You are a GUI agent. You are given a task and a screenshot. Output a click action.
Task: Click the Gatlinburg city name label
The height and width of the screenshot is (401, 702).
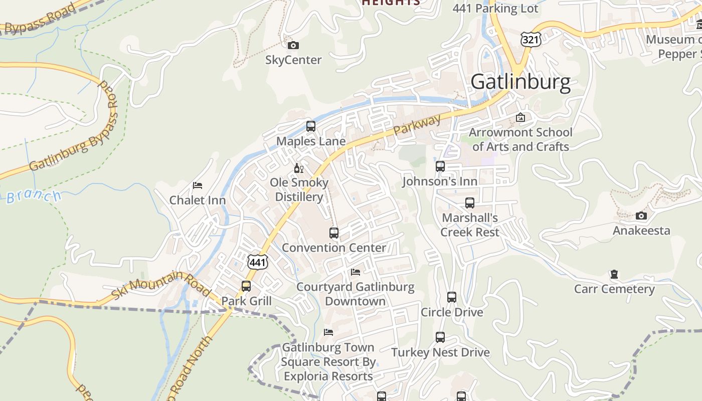[520, 82]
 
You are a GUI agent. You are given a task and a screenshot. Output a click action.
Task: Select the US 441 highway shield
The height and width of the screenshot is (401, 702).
[258, 261]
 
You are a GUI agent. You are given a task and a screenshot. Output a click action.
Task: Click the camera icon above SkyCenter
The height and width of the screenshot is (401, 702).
[293, 46]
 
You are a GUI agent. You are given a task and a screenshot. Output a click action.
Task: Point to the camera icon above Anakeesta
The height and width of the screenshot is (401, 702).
[641, 216]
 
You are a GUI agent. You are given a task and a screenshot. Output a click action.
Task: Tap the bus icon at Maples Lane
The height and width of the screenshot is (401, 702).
[311, 126]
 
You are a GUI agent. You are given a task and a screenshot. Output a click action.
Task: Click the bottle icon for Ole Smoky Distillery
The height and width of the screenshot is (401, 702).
[299, 168]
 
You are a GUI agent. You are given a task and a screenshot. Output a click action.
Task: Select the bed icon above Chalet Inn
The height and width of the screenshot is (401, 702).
[198, 185]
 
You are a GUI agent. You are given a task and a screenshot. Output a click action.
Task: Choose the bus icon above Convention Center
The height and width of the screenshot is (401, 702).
[334, 233]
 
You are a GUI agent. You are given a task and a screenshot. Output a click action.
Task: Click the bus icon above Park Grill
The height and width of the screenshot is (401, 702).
[246, 286]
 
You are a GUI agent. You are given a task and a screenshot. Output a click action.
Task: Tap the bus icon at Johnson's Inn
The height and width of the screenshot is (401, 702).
[440, 166]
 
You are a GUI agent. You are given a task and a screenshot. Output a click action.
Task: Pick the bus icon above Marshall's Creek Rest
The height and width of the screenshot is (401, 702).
[470, 203]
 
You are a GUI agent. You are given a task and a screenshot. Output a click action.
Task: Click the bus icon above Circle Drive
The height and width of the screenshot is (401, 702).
[452, 297]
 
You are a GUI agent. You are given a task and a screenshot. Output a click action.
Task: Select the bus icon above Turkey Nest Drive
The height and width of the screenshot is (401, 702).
[440, 337]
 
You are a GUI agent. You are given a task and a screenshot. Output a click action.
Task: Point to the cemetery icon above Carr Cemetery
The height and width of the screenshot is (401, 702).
[614, 274]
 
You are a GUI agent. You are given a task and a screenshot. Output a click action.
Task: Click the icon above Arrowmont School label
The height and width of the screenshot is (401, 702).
[520, 118]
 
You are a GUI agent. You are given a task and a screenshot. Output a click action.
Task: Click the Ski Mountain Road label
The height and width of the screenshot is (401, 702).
[160, 284]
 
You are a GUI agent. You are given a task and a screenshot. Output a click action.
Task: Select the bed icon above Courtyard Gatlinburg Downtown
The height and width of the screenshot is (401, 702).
[356, 272]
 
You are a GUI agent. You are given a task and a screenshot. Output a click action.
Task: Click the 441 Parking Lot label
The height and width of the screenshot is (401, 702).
[495, 9]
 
